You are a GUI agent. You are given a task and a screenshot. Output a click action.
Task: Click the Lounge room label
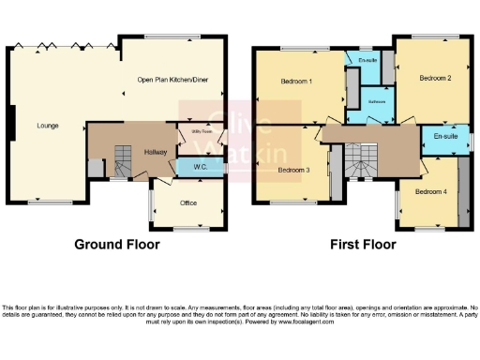point(48,124)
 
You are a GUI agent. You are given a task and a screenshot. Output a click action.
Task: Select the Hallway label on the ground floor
point(155,151)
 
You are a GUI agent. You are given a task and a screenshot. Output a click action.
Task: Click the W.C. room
point(200,167)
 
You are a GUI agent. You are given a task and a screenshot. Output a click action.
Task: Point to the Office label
point(187,202)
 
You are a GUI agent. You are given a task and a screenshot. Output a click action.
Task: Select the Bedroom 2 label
point(435,79)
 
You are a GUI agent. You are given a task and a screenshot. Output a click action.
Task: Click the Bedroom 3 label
point(293,170)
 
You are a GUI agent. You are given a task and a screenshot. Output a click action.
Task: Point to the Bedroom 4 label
point(430,191)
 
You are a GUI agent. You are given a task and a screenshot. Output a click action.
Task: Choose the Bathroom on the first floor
point(378,101)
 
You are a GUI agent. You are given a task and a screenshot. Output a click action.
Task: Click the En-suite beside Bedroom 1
point(368,61)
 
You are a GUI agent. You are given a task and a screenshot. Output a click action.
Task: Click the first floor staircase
point(359,161)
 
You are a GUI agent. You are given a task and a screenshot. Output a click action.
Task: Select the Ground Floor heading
point(117,245)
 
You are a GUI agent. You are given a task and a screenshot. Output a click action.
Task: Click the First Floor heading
point(363,245)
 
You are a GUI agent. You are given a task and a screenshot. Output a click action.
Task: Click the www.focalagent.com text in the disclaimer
point(328,321)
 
